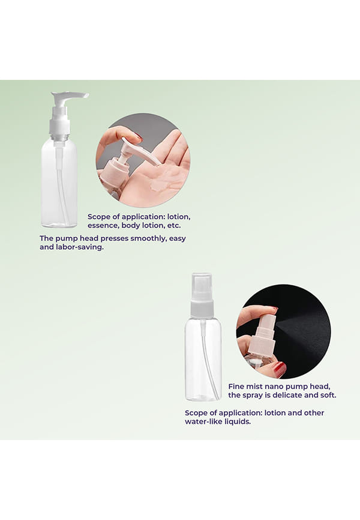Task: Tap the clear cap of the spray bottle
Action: (202, 287)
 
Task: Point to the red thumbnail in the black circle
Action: (280, 368)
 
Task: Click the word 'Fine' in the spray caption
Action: (236, 387)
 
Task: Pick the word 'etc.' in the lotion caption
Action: (175, 226)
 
